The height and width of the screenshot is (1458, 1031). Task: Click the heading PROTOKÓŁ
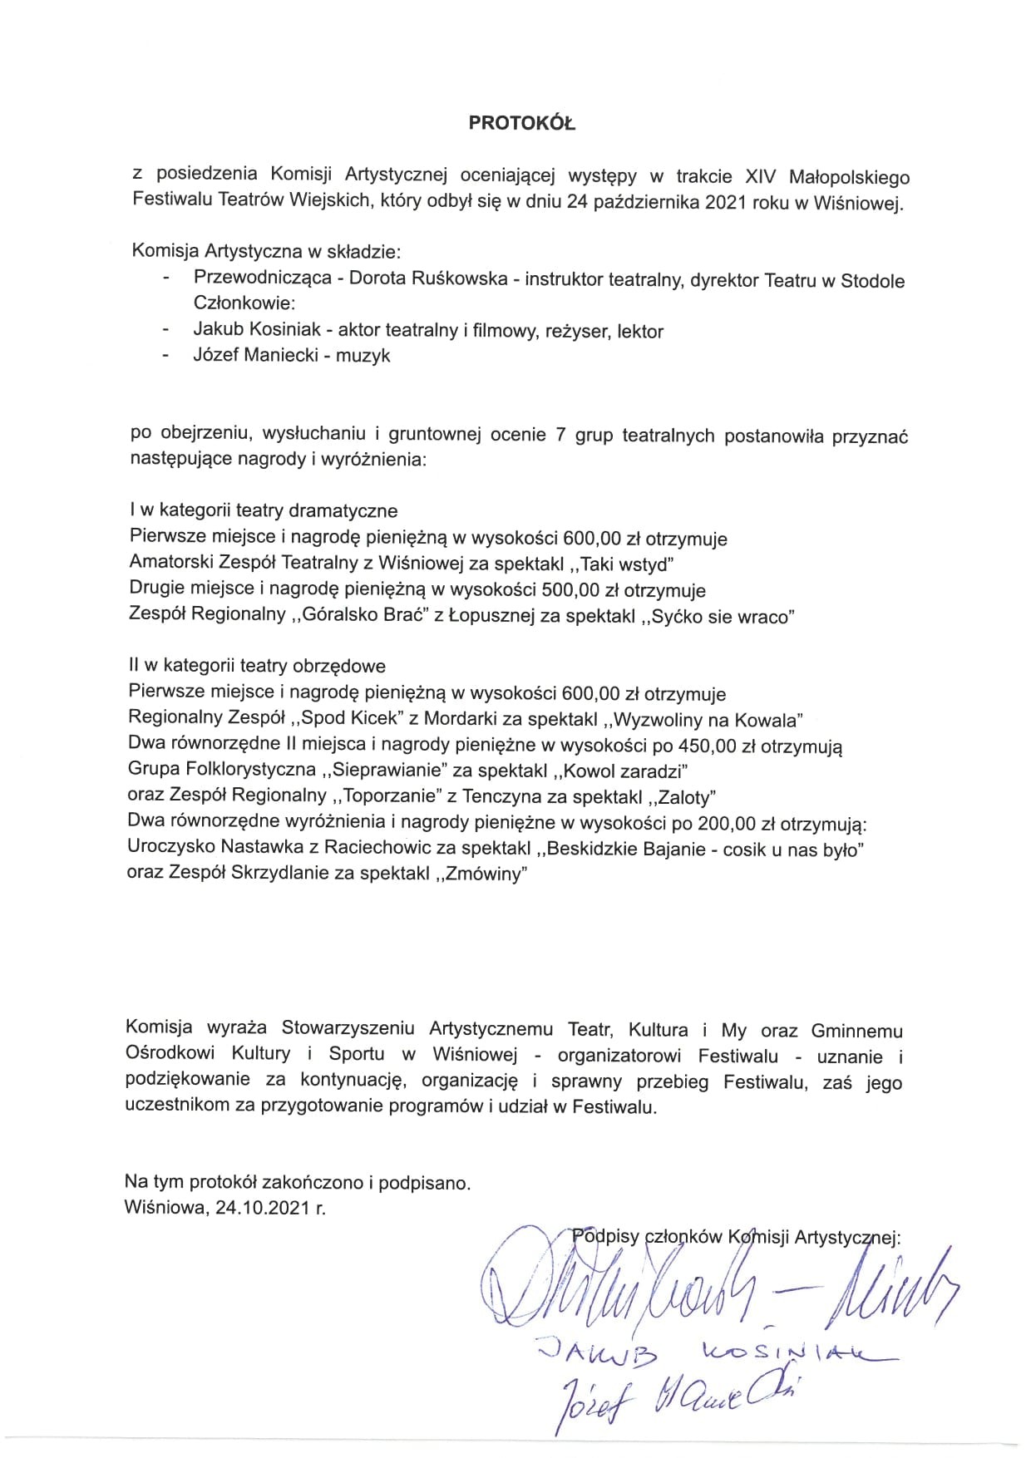pyautogui.click(x=521, y=123)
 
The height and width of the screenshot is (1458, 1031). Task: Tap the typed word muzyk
pyautogui.click(x=363, y=356)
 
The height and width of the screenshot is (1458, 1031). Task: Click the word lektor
pyautogui.click(x=640, y=332)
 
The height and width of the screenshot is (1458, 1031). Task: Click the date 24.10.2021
pyautogui.click(x=263, y=1208)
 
